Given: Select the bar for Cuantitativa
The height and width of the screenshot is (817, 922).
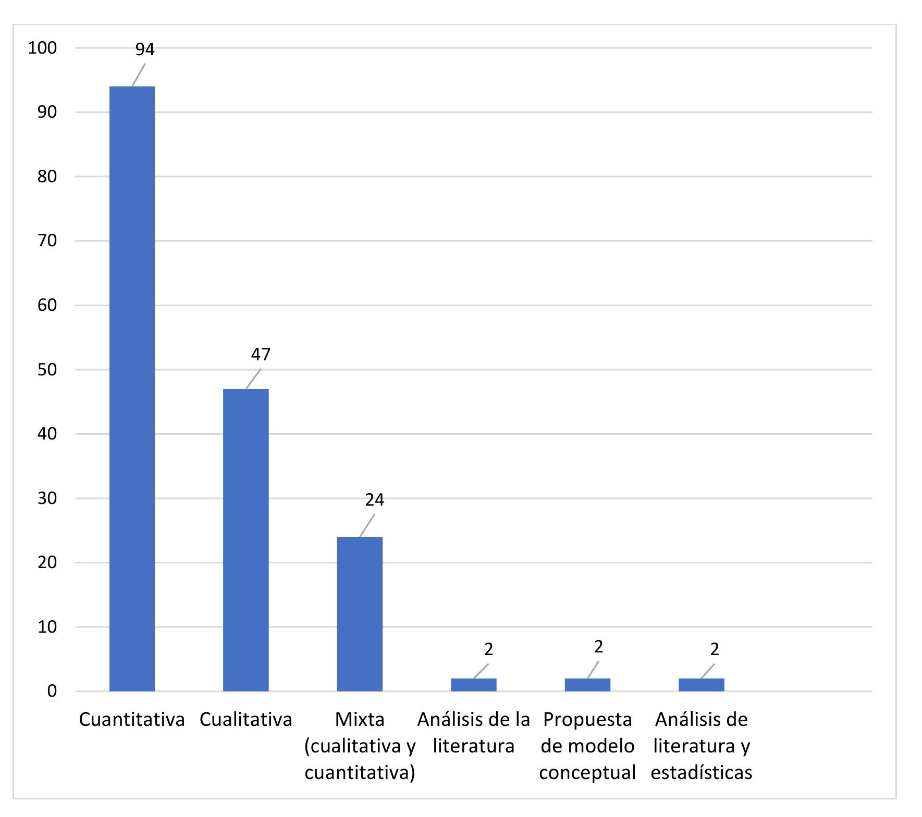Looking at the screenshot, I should pyautogui.click(x=132, y=388).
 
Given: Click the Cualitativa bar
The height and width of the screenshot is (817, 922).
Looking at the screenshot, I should pyautogui.click(x=245, y=539).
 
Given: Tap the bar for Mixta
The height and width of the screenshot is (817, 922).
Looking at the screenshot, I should pyautogui.click(x=360, y=613).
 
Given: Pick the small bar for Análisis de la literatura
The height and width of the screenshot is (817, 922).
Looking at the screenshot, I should pyautogui.click(x=473, y=685).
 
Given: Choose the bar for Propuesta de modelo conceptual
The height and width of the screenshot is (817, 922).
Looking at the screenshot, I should pyautogui.click(x=587, y=685).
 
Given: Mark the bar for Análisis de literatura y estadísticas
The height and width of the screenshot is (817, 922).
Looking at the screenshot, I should pyautogui.click(x=701, y=685).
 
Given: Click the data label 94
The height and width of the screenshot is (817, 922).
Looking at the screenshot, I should pyautogui.click(x=145, y=49).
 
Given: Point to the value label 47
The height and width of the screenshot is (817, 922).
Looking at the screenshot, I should pyautogui.click(x=261, y=355).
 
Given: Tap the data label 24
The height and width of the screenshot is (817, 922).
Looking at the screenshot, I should pyautogui.click(x=374, y=500).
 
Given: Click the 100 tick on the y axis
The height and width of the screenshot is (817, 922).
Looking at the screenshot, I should pyautogui.click(x=42, y=48).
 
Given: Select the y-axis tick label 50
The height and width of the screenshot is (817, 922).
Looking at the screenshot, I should pyautogui.click(x=47, y=370).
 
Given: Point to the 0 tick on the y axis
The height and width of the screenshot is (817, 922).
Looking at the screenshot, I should pyautogui.click(x=52, y=692).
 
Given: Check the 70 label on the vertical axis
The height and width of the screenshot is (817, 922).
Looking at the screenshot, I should pyautogui.click(x=47, y=241).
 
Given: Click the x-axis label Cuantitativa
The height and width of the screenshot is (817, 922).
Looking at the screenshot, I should pyautogui.click(x=132, y=720).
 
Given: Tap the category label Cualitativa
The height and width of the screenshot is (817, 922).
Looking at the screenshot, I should pyautogui.click(x=245, y=720).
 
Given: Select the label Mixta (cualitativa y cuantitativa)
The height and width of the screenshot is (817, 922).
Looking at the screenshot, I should pyautogui.click(x=360, y=746).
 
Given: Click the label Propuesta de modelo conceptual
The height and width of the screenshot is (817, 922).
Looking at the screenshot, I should pyautogui.click(x=587, y=746).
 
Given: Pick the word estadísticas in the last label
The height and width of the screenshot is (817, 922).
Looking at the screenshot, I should pyautogui.click(x=701, y=772).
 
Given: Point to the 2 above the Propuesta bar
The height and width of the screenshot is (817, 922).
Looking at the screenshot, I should pyautogui.click(x=598, y=647).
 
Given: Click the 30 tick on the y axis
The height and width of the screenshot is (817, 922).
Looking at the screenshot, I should pyautogui.click(x=47, y=498).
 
